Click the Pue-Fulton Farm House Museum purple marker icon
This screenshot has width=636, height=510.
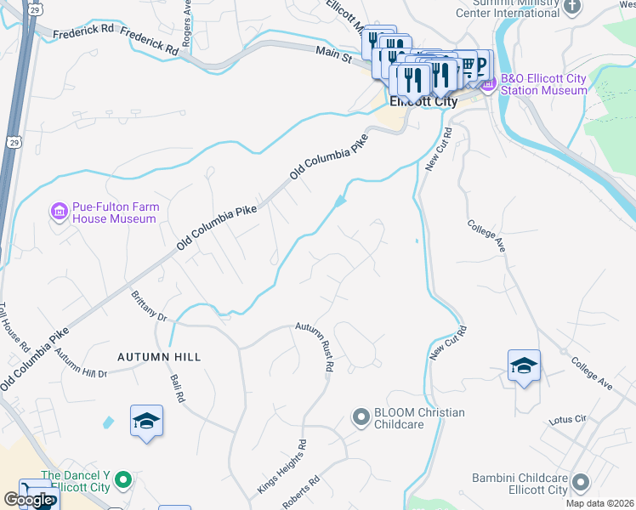pos(59,210)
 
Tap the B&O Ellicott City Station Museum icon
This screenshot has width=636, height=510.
pos(488,84)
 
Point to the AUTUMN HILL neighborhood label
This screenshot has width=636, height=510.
pos(159,357)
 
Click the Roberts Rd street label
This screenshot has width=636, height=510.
pos(303,493)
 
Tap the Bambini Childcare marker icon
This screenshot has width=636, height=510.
pos(581,483)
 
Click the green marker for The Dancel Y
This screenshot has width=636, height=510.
pos(123,481)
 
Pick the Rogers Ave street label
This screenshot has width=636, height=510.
pos(186,23)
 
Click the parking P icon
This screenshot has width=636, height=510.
pos(482,64)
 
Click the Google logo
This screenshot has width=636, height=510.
pos(28,500)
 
